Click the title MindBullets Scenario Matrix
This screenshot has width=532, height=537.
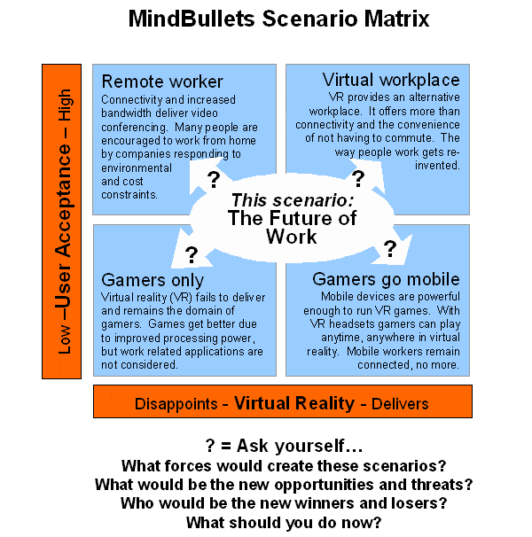(x=278, y=19)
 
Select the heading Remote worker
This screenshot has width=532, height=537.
(x=162, y=82)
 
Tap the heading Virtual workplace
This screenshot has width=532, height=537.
(x=391, y=80)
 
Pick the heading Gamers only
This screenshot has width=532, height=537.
(x=153, y=281)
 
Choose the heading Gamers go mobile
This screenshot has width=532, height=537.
(x=386, y=279)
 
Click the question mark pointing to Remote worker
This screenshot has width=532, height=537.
(x=214, y=180)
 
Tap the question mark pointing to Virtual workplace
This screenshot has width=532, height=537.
(x=358, y=178)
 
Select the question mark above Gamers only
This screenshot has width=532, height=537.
(x=192, y=255)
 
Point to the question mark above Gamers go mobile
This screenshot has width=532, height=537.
(x=390, y=249)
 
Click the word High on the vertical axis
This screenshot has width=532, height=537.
(x=65, y=105)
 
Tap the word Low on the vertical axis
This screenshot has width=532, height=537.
(x=65, y=339)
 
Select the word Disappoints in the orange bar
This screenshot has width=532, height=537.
(x=176, y=404)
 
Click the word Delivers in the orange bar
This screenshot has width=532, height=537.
(x=400, y=404)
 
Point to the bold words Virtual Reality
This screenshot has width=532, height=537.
(x=294, y=403)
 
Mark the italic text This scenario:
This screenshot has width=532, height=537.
(x=293, y=200)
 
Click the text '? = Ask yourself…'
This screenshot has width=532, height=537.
(x=284, y=446)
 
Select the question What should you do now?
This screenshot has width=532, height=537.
(x=284, y=523)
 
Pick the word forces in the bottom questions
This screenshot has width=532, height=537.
(x=188, y=466)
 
